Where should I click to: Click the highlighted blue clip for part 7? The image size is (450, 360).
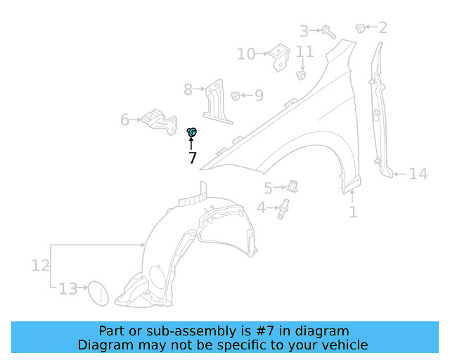[x=192, y=131]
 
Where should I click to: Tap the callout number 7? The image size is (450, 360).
[x=192, y=158]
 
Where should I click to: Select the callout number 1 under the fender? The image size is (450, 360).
[x=353, y=211]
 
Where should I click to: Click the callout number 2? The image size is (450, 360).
[x=382, y=28]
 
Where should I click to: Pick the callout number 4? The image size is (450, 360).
[x=261, y=208]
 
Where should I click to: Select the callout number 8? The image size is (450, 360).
[x=188, y=89]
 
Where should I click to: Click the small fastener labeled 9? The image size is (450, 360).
[x=236, y=95]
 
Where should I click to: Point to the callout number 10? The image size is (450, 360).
[x=245, y=54]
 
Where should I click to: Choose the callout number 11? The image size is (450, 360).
[x=304, y=51]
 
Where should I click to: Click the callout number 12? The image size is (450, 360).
[x=40, y=265]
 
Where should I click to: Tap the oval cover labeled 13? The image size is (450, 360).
[x=97, y=293]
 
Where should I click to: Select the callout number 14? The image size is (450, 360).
[x=418, y=174]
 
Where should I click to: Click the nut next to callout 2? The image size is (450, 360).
[x=361, y=28]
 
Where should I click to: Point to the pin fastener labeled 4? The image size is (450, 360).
[x=284, y=209]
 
